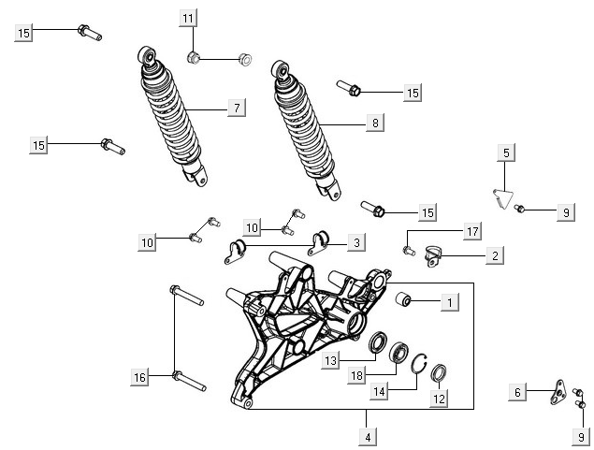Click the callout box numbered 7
[x=237, y=109]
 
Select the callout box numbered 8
[x=374, y=123]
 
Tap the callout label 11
[x=189, y=19]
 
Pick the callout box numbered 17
[x=473, y=230]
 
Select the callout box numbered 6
[x=517, y=393]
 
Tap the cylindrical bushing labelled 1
[x=407, y=300]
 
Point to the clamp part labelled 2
[x=433, y=252]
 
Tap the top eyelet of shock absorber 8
[x=279, y=71]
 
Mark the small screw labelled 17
[x=409, y=249]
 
